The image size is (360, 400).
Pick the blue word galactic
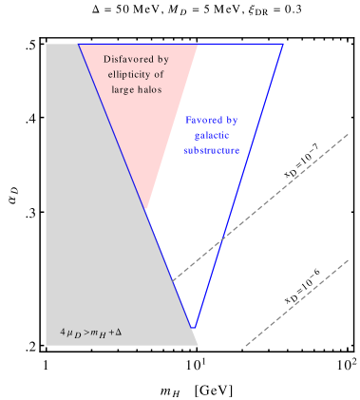point(208,135)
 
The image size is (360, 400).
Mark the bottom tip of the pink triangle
point(145,209)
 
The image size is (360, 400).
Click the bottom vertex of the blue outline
point(194,328)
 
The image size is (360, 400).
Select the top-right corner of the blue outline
point(283,45)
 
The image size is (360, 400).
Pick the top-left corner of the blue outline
point(78,45)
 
